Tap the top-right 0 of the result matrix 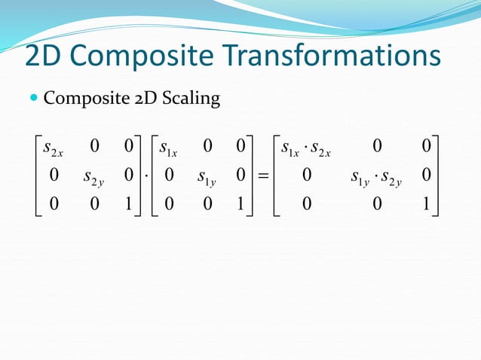pos(427,144)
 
